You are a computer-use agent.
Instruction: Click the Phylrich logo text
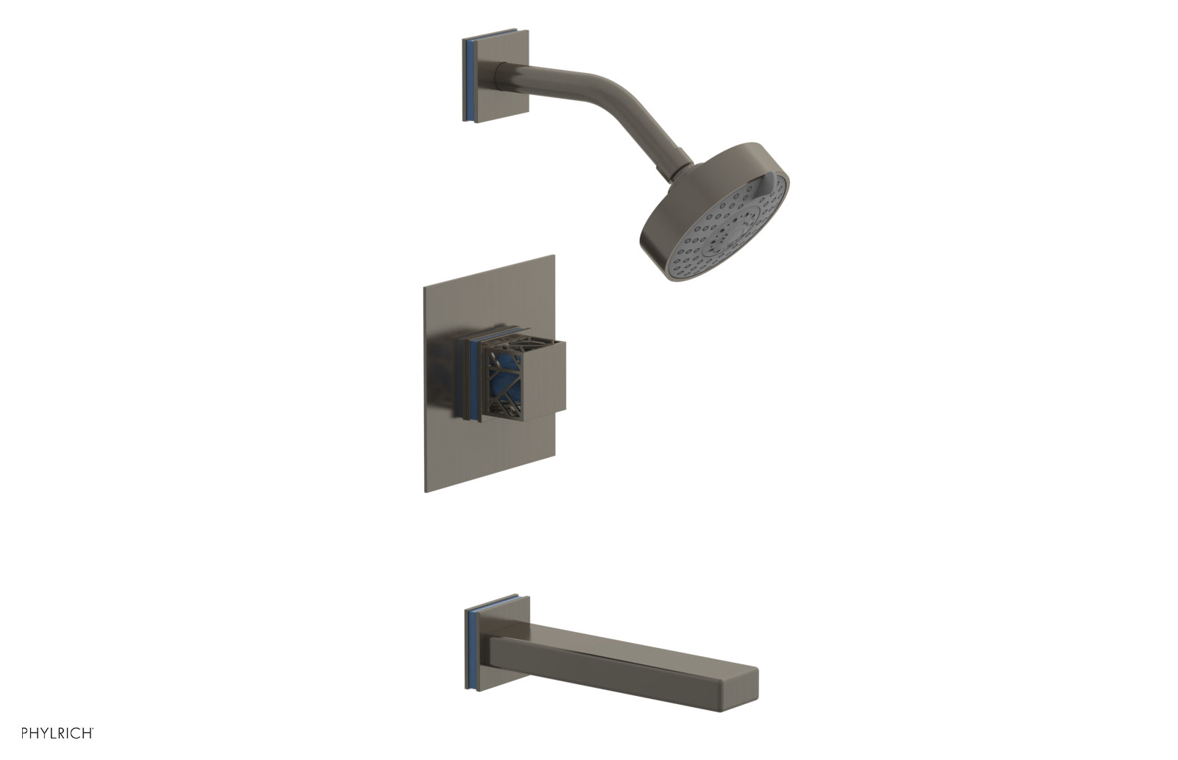pos(57,733)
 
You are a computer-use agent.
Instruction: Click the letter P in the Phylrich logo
pos(25,733)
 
